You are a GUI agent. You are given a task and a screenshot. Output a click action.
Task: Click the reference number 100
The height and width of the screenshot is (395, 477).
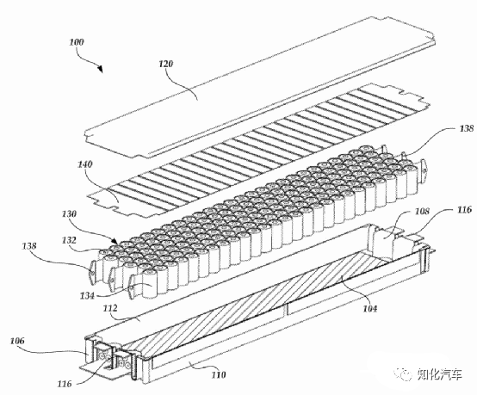tap(77, 41)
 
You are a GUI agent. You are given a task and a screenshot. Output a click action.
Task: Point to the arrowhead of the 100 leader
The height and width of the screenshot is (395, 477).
tap(100, 69)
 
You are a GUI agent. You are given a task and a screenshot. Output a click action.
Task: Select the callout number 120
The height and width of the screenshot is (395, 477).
tap(166, 64)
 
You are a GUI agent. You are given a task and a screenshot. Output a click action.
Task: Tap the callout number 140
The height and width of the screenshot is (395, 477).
tap(85, 164)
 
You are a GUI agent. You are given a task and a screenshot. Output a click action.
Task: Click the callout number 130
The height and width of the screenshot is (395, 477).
tap(69, 213)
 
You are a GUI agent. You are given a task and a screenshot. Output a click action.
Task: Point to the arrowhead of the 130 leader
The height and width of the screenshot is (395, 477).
tap(115, 241)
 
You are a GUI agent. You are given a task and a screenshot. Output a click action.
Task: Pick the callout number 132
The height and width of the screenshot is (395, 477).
tap(69, 240)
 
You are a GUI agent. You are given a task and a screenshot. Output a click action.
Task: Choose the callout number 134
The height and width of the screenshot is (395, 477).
tap(88, 295)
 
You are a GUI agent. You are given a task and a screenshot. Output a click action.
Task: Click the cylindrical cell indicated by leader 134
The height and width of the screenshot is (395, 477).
tap(151, 283)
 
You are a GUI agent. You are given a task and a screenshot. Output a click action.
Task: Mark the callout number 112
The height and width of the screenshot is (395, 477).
tap(110, 308)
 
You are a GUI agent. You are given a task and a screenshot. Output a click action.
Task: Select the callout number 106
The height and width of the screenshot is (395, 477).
tap(17, 341)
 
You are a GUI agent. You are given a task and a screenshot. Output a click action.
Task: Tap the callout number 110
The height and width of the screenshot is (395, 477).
tap(219, 374)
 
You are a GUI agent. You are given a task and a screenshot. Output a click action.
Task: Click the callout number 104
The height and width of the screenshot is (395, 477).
tap(370, 309)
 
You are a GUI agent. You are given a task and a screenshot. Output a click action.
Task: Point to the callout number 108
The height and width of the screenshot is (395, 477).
tap(422, 212)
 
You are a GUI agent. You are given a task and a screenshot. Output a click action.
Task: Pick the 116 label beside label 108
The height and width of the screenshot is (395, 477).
tap(464, 209)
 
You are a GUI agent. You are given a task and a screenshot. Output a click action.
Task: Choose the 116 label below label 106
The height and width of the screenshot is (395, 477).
tap(65, 384)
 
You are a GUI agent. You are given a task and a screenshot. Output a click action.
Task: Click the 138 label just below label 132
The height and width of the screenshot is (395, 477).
tap(29, 246)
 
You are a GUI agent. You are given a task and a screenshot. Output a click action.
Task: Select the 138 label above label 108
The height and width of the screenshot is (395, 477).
tap(467, 128)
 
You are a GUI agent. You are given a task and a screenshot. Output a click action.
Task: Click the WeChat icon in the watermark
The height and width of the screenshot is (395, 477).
tap(405, 373)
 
